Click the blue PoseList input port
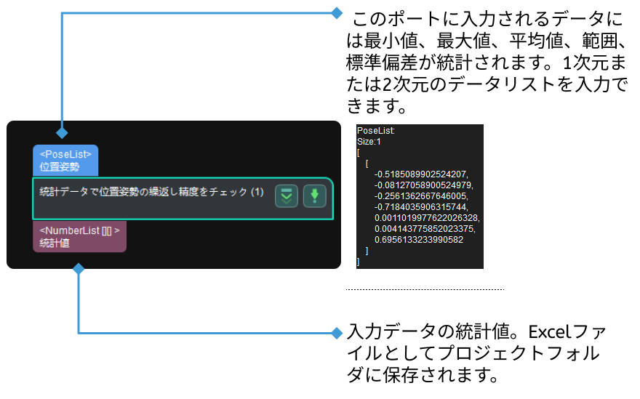coord(65,160)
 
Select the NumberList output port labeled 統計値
coord(79,237)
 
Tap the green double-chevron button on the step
coord(287,196)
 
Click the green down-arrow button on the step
coord(314,196)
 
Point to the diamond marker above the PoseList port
coord(63,133)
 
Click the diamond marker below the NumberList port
coord(79,269)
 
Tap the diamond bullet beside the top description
coord(336,13)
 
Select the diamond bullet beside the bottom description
coord(336,333)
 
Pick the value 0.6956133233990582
coord(418,239)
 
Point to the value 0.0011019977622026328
coord(427,217)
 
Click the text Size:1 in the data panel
coord(369,142)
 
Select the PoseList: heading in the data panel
coord(375,132)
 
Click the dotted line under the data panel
coord(425,289)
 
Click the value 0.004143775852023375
coord(424,228)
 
